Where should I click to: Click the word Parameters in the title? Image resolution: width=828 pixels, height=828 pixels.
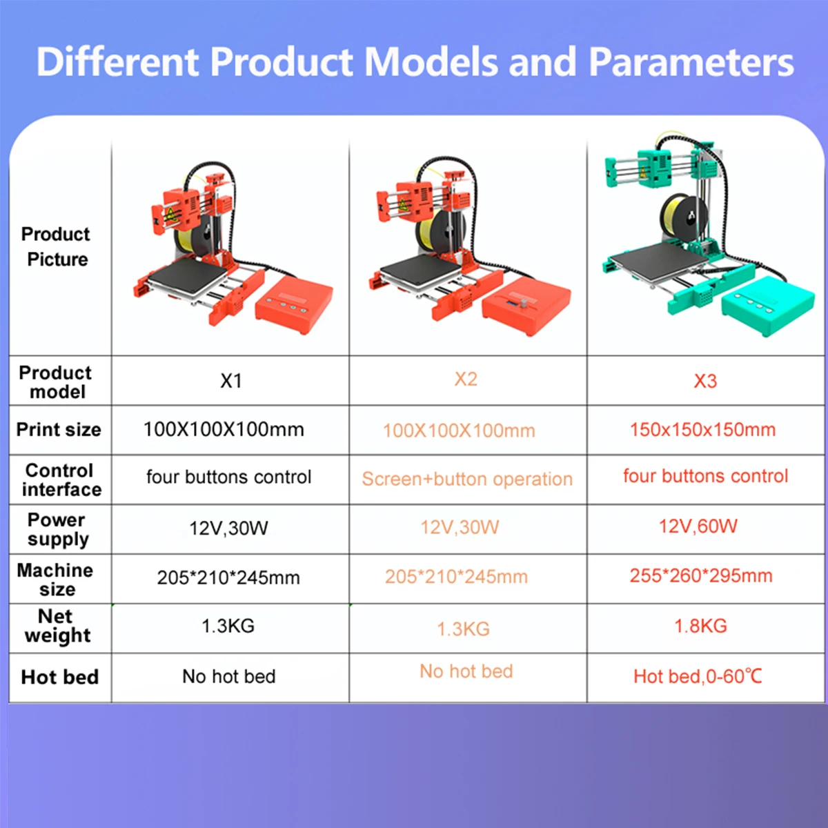click(691, 62)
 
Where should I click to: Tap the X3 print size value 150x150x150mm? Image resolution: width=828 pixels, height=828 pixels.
click(703, 430)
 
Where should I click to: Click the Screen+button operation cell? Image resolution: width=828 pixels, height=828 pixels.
click(467, 479)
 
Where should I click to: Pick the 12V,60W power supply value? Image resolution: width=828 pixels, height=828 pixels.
click(698, 526)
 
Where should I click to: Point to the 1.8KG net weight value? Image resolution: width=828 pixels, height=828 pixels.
click(701, 626)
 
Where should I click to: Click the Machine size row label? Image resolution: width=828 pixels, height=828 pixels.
click(55, 579)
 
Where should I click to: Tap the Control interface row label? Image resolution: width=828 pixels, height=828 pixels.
click(61, 480)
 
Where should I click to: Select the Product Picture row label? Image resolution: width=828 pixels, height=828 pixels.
click(57, 246)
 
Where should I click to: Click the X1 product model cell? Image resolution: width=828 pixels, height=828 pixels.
click(230, 381)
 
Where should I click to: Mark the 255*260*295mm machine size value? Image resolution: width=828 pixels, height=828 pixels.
click(701, 575)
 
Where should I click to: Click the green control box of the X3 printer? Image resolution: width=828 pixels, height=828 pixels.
click(768, 305)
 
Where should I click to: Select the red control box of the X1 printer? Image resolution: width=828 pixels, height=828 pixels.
click(294, 304)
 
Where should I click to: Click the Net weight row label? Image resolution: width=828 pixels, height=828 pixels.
click(57, 626)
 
